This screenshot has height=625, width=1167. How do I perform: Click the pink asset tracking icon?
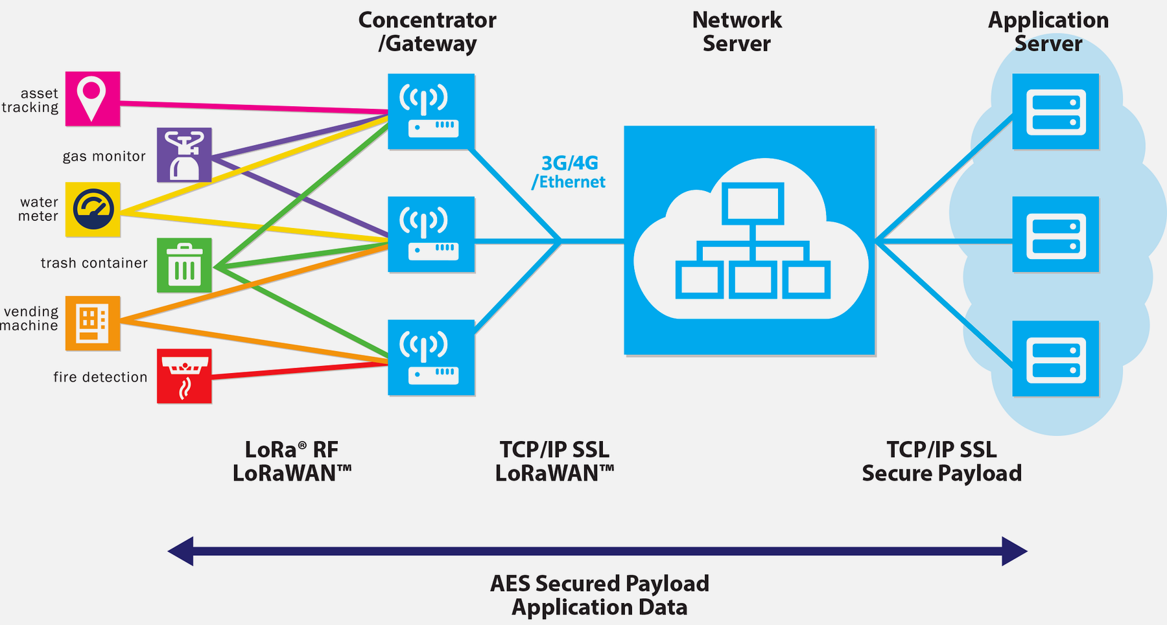[x=93, y=98]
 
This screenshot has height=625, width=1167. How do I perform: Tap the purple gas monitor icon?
[x=184, y=155]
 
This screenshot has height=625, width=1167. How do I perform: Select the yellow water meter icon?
[x=93, y=209]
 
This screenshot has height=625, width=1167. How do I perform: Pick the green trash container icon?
[x=184, y=265]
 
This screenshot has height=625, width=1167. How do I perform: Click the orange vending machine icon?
[x=93, y=323]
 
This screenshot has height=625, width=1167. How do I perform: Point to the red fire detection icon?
[x=184, y=376]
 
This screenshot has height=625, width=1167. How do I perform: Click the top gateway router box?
[x=431, y=111]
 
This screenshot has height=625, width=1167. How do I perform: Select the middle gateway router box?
[x=431, y=234]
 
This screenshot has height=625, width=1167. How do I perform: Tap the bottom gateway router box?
[x=431, y=358]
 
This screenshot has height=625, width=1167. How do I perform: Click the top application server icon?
[x=1055, y=111]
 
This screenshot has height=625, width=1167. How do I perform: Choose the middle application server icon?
[x=1055, y=234]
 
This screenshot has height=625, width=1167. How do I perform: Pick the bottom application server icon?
[x=1055, y=358]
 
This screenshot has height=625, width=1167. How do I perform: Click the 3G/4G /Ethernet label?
[x=569, y=172]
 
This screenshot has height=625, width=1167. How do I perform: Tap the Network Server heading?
[x=737, y=32]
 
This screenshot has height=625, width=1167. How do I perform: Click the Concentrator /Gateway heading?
[x=427, y=32]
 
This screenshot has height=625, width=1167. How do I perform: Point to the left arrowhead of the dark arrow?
[x=181, y=551]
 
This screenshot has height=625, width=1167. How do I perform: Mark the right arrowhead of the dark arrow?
[x=1014, y=551]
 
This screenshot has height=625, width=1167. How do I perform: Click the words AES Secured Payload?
[x=599, y=584]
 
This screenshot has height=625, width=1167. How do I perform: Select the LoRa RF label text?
[x=291, y=449]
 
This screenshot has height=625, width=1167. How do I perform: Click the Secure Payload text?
[x=941, y=473]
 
